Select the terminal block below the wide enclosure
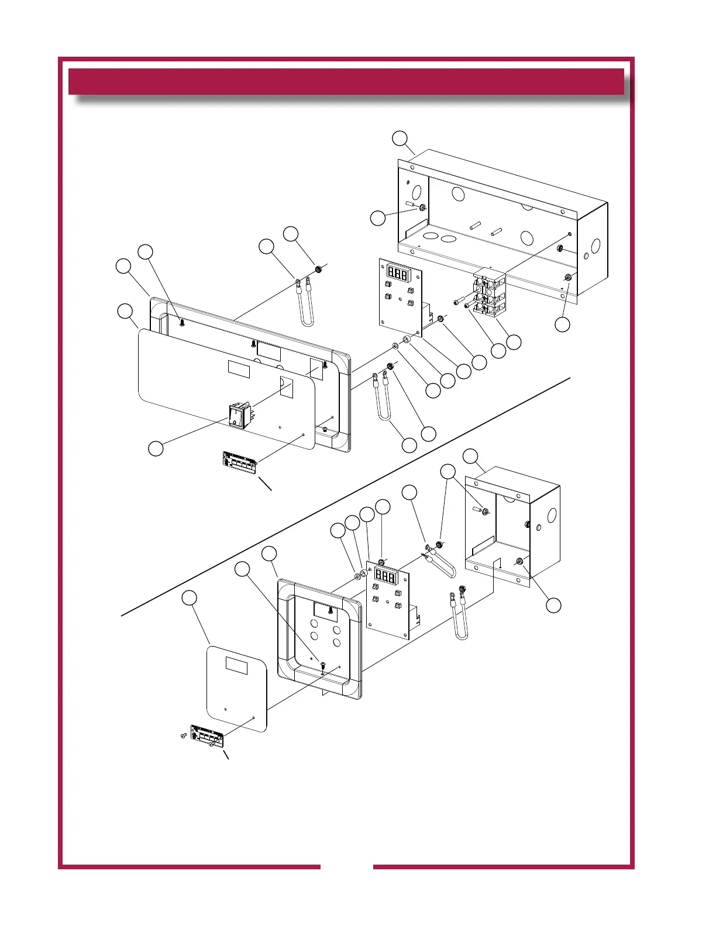[x=489, y=295]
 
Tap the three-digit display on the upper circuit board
[x=398, y=274]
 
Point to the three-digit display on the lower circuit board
[x=385, y=577]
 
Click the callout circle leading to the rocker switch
[x=155, y=448]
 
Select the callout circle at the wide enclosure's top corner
[x=400, y=139]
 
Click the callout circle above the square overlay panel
[x=189, y=597]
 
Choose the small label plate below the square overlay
[x=208, y=737]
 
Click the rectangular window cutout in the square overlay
[x=236, y=665]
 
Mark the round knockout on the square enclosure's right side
[x=552, y=516]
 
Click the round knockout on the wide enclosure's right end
[x=595, y=246]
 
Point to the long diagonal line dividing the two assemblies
[x=345, y=497]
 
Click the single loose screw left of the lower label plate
[x=183, y=735]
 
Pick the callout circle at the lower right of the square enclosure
[x=553, y=605]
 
